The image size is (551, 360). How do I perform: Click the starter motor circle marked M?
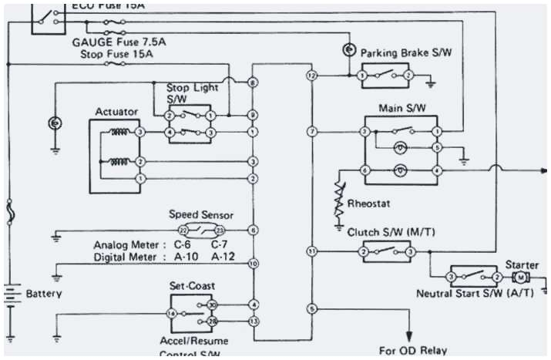(521, 277)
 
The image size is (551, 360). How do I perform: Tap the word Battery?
(44, 294)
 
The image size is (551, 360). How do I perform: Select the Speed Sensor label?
(201, 214)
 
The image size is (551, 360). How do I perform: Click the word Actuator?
(116, 112)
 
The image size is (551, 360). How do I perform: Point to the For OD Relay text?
(412, 350)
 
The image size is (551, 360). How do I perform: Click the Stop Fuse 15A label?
(117, 55)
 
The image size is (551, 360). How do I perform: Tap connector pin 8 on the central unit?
(253, 82)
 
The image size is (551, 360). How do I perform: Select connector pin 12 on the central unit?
(311, 76)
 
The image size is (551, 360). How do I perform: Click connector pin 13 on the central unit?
(253, 320)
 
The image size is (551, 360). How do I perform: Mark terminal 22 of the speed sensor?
(183, 230)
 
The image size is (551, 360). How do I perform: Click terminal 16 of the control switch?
(171, 313)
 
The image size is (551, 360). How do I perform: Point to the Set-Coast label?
(193, 285)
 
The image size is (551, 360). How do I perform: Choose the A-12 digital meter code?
(224, 257)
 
